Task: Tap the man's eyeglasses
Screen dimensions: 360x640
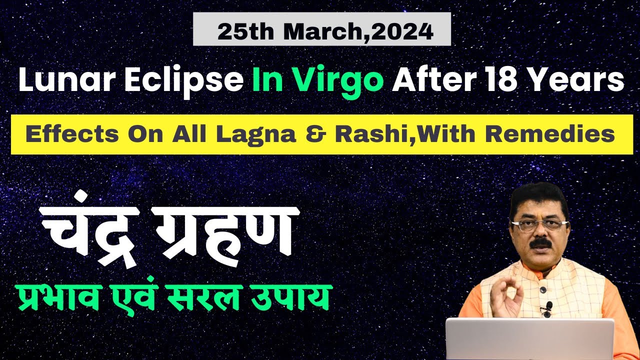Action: pos(537,224)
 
